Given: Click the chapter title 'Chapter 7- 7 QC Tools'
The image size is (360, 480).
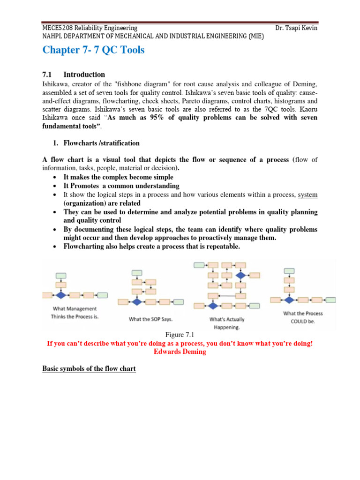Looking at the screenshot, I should [x=93, y=50].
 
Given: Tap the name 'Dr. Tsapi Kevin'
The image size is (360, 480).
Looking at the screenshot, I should [x=297, y=28].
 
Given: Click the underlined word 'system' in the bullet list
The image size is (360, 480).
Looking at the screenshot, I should [x=307, y=195].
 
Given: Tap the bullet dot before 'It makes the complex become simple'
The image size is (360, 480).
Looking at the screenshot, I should [x=56, y=177].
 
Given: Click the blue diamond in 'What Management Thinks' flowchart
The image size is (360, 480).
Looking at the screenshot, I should [x=60, y=295].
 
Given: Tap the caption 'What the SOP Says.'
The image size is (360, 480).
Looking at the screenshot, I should [x=150, y=319].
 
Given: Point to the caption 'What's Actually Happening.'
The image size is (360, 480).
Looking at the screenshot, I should [x=226, y=323].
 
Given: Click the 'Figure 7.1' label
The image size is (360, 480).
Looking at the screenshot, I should [x=180, y=334].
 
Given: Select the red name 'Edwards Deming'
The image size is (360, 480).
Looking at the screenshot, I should [x=180, y=352].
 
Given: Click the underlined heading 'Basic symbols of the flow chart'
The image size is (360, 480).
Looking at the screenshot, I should [x=89, y=369].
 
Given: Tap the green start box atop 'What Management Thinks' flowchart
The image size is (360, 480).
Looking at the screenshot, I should [x=61, y=276].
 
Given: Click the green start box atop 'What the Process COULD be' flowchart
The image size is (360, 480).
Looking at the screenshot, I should [x=289, y=271].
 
